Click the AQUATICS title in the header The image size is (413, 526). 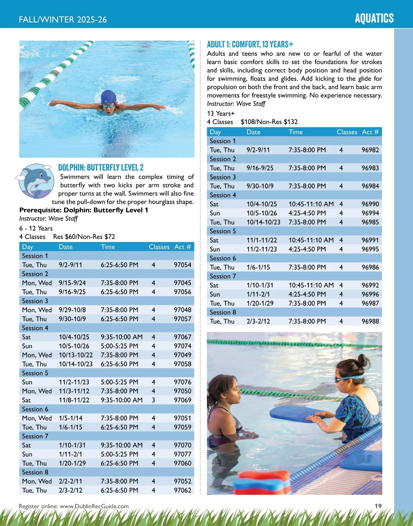click(374, 18)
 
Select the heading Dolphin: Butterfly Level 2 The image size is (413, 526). click(100, 168)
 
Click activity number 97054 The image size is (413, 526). click(182, 265)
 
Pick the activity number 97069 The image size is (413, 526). click(182, 400)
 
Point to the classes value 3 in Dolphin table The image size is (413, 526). click(153, 400)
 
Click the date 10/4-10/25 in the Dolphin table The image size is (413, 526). click(74, 337)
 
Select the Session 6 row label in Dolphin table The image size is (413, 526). click(35, 409)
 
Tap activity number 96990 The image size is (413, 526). click(370, 204)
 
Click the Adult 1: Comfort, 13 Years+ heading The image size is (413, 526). click(250, 44)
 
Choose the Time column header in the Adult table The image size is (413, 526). click(296, 132)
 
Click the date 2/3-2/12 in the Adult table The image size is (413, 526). click(258, 321)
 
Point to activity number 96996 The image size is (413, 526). click(370, 295)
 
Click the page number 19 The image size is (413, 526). click(378, 506)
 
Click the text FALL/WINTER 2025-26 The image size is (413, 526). click(63, 20)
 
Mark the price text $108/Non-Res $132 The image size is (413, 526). click(269, 122)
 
